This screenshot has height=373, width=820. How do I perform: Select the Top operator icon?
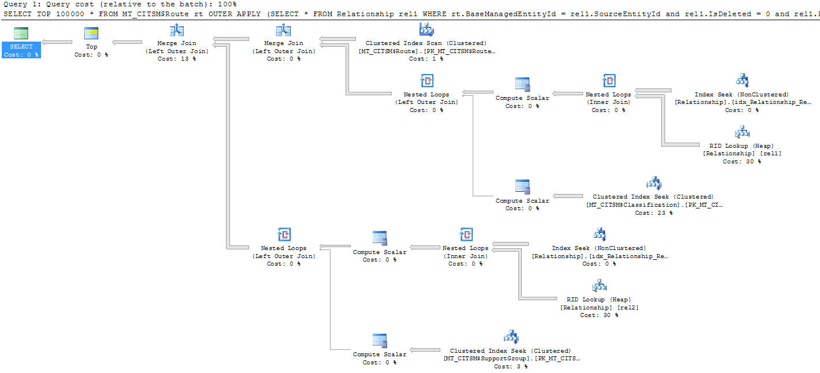click(91, 33)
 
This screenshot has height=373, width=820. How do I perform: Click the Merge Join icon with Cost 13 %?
click(176, 30)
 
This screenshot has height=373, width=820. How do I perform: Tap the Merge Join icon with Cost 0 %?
click(283, 30)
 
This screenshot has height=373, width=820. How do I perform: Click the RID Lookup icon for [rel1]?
click(742, 132)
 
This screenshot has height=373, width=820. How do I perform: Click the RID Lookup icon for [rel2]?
click(599, 286)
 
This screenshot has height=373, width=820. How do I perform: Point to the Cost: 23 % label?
click(654, 213)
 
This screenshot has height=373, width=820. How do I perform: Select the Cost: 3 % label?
click(510, 367)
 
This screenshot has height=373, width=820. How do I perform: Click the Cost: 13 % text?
click(176, 59)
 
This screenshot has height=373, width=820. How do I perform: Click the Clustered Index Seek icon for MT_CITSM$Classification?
click(654, 184)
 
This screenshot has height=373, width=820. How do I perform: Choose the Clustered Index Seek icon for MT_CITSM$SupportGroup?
click(511, 337)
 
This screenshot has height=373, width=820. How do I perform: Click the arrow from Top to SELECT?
click(57, 42)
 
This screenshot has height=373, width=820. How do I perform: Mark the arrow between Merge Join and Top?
click(127, 42)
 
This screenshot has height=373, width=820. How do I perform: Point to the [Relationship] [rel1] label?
click(742, 154)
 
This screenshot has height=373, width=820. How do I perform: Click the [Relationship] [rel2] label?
click(599, 308)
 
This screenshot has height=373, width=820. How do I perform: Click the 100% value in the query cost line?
click(227, 4)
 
